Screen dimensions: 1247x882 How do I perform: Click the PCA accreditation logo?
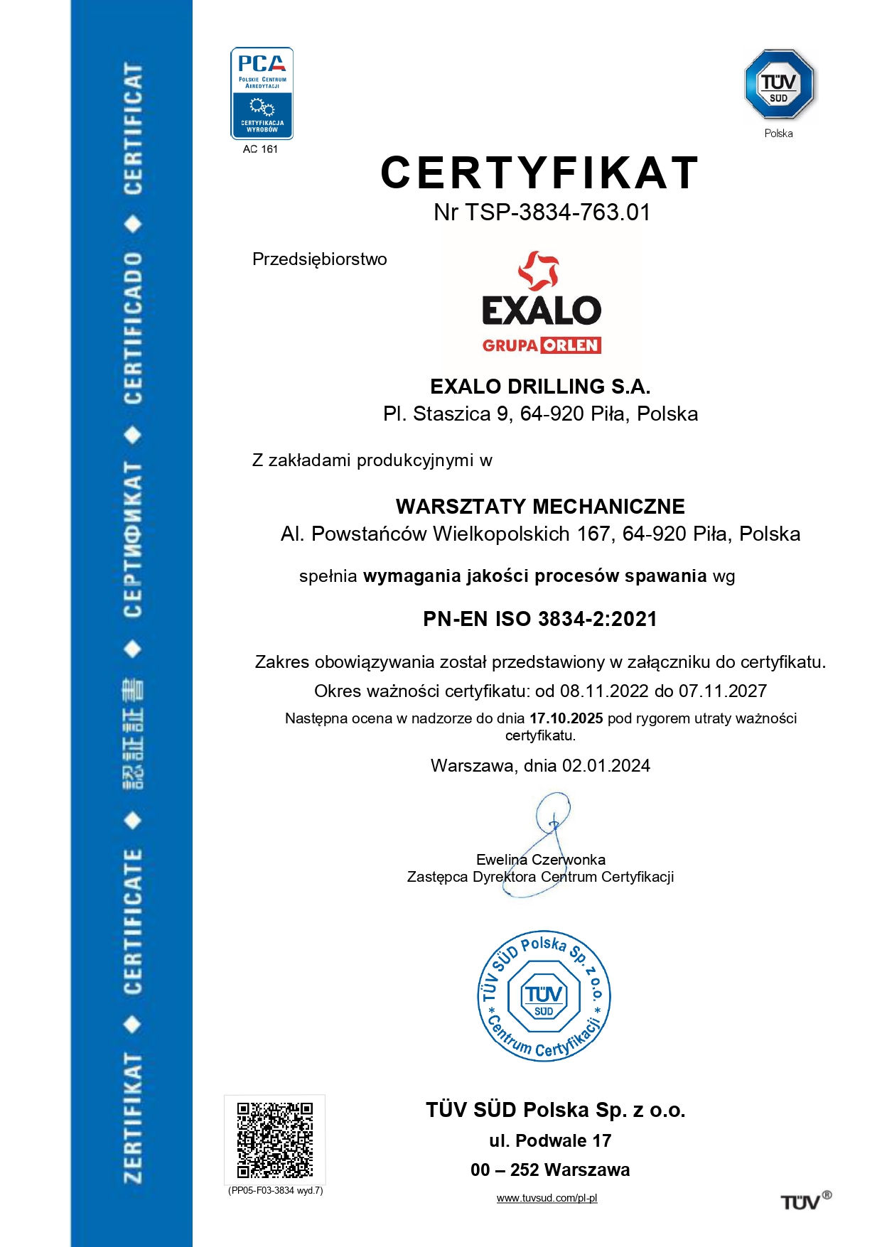coord(262,93)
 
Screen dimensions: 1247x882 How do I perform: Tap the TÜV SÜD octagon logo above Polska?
coord(779,84)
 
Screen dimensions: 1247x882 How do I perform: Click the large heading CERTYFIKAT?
coord(540,173)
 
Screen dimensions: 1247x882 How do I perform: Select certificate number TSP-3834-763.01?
coord(557,212)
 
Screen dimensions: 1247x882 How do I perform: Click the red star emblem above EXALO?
coord(539,271)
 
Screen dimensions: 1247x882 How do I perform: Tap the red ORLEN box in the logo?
coord(571,345)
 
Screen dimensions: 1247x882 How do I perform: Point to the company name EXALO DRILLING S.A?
coord(540,387)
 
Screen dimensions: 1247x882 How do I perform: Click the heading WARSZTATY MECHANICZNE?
coord(540,507)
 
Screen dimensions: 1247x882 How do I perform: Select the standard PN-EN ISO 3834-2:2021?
coord(540,619)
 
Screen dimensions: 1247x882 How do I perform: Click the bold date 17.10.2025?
coord(566,718)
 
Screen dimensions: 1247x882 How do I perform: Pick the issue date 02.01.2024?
coord(606,766)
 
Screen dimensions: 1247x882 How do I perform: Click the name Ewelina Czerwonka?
coord(540,860)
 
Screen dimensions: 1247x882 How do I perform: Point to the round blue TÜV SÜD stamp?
coord(544,996)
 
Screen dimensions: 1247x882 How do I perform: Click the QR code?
coord(275,1140)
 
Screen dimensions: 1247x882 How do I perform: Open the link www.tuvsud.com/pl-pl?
coord(547,1198)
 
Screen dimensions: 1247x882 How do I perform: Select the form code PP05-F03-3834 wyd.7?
coord(276,1190)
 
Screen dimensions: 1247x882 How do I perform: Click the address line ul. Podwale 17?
coord(550,1140)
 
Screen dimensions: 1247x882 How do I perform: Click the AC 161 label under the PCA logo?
coord(260,149)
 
